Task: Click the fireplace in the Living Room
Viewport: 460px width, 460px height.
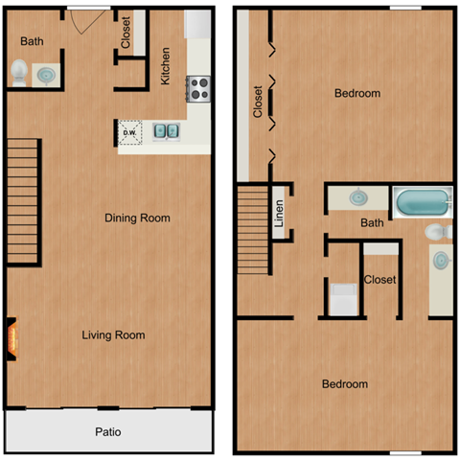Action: [12, 336]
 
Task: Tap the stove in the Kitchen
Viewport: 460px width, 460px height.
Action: [199, 89]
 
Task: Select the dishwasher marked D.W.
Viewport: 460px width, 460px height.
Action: [130, 131]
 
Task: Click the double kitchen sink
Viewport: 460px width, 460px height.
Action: [166, 130]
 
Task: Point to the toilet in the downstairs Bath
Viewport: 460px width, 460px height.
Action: [19, 71]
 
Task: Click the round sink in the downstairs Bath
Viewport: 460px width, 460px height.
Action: [45, 73]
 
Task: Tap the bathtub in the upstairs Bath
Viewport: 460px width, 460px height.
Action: [422, 202]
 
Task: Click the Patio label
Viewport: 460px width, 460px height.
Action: [108, 432]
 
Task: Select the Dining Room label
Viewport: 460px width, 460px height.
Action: [137, 218]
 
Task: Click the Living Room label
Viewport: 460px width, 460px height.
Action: [113, 334]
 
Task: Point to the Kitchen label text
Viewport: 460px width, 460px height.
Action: [166, 66]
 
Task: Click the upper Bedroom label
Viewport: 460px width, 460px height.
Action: [356, 94]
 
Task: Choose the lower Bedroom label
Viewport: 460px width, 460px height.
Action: [344, 384]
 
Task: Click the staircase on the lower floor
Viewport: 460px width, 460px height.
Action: [25, 200]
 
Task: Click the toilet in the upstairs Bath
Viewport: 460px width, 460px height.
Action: [436, 231]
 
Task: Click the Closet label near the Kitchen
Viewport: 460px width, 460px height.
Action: [126, 33]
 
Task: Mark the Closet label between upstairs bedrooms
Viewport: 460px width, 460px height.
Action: [380, 280]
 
